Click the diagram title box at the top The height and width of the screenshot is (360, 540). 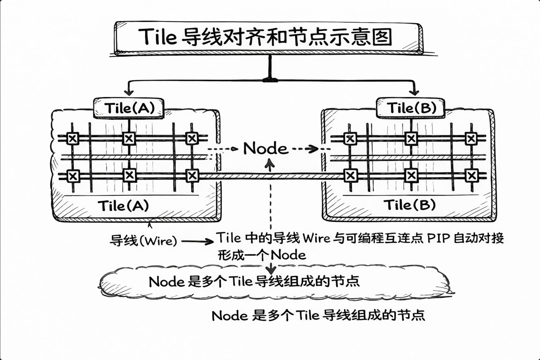tap(268, 37)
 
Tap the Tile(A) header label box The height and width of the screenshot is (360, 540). tap(129, 108)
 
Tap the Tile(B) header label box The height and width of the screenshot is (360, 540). tap(411, 108)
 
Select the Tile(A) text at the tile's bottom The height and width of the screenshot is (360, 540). tap(123, 206)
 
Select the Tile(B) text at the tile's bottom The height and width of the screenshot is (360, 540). tap(409, 205)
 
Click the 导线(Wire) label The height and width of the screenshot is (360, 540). tap(143, 241)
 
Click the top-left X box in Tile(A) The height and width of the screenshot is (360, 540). tap(73, 138)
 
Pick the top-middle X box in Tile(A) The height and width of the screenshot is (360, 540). tap(129, 138)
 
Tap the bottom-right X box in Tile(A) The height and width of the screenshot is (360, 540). tap(192, 176)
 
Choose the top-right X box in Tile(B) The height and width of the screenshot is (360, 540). tap(471, 139)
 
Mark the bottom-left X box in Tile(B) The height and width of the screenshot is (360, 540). tap(351, 176)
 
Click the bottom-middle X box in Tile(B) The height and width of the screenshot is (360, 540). tap(411, 176)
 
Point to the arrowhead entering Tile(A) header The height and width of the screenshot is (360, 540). tap(129, 92)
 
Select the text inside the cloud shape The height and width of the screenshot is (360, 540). tap(254, 282)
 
